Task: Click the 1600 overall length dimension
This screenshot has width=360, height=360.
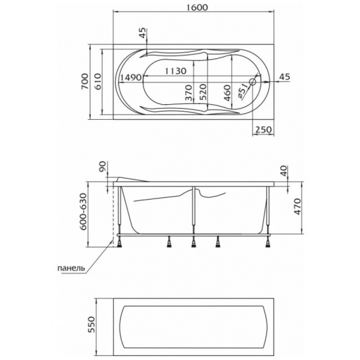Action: click(x=196, y=7)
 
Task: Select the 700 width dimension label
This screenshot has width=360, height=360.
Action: click(x=84, y=82)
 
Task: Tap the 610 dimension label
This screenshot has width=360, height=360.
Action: click(x=98, y=82)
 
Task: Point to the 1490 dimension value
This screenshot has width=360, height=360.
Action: click(x=131, y=78)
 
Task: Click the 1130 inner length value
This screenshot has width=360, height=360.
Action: click(x=175, y=71)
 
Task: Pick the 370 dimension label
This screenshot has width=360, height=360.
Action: click(x=189, y=93)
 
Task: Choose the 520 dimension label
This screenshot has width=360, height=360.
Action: click(x=203, y=92)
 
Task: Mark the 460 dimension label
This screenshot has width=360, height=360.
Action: click(x=227, y=93)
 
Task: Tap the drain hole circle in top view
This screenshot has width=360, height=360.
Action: click(x=253, y=82)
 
